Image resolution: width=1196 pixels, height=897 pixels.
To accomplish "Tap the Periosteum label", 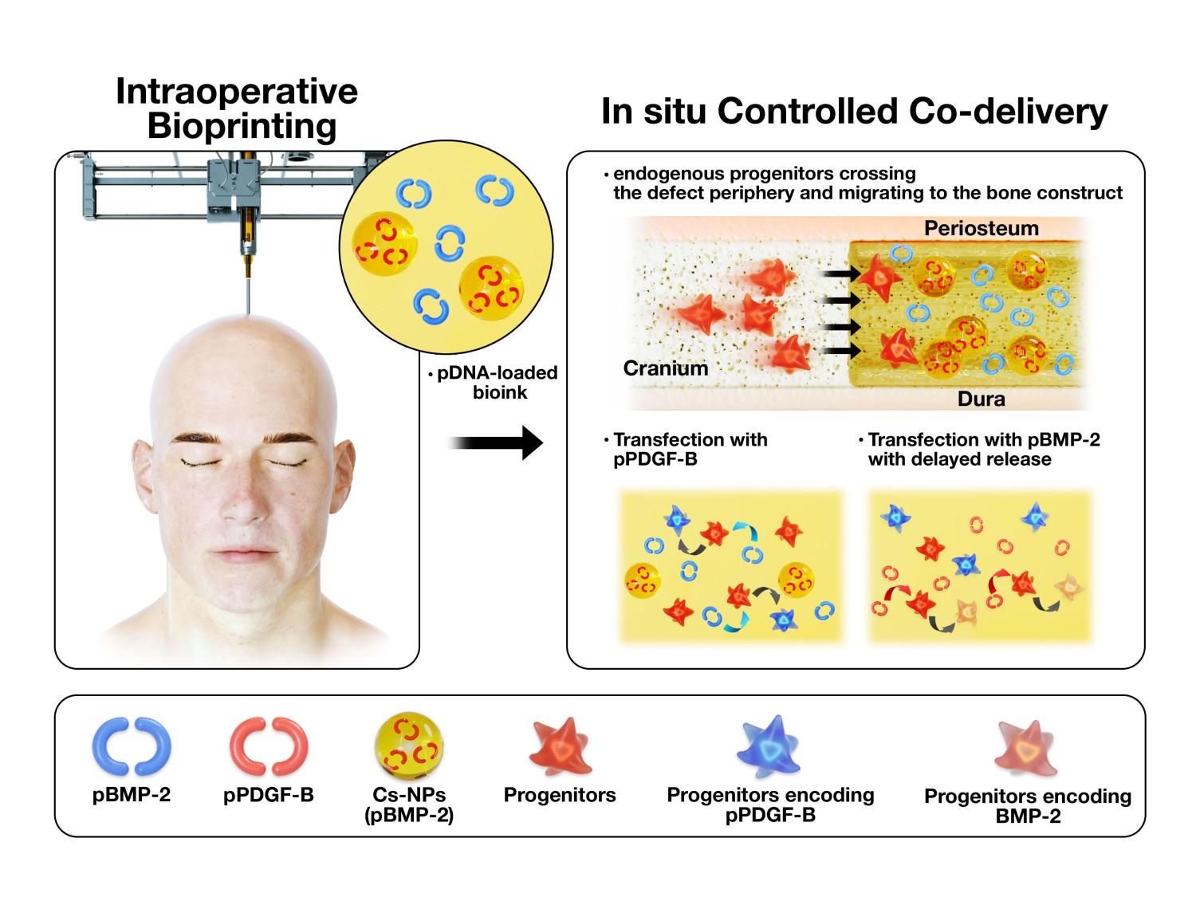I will coord(981,229).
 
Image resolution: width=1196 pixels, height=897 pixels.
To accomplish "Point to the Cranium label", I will coord(665,368).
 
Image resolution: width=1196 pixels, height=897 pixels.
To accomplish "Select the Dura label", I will coord(981,399).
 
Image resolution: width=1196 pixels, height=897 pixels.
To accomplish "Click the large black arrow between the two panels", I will coord(495,443).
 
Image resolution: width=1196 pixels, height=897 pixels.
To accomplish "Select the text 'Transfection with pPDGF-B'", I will coord(689,449).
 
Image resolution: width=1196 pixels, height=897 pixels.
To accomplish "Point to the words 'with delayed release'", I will coord(959,459).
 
